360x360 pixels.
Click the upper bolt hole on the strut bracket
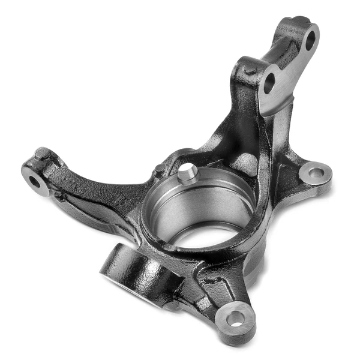coord(310,40)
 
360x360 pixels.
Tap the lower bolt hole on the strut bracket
coord(269,83)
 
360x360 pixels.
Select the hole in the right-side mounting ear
coord(316,173)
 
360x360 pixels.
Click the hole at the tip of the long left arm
coord(34,181)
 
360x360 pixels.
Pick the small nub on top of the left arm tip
coord(41,154)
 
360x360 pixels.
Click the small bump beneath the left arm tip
coord(59,196)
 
